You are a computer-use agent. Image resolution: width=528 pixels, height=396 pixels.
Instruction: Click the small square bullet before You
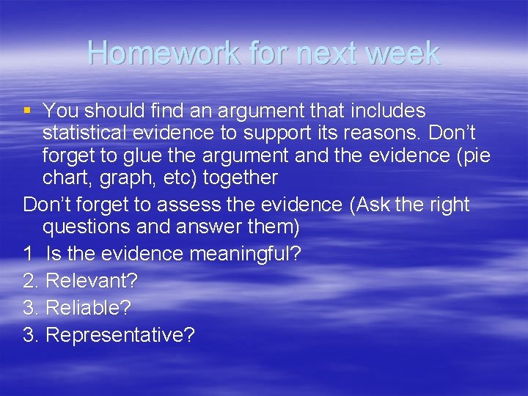28,111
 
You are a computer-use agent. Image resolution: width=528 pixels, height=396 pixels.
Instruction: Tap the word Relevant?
92,281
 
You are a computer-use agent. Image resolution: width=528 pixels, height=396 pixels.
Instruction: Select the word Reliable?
88,308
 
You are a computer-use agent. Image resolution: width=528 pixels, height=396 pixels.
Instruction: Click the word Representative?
120,335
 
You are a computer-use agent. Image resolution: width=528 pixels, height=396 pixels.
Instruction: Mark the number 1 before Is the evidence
28,254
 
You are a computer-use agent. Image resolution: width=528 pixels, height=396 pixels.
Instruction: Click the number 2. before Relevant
32,281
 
